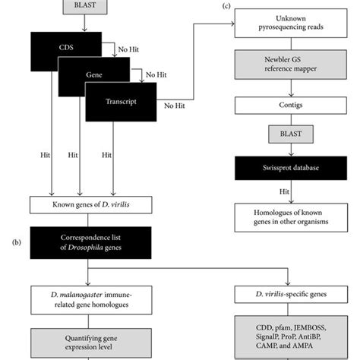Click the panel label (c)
[x=226, y=6]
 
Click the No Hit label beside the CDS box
[x=127, y=49]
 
